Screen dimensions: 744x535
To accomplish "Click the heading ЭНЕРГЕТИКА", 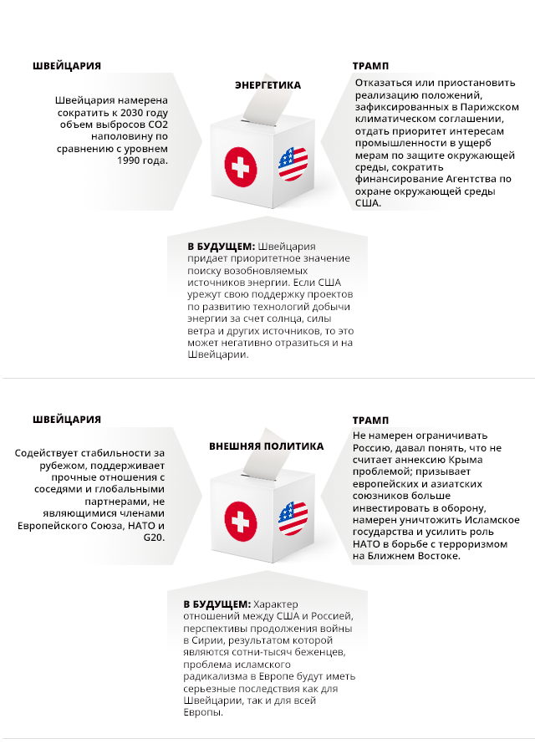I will click(x=267, y=85).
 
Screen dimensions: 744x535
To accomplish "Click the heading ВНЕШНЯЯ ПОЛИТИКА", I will click(x=266, y=446).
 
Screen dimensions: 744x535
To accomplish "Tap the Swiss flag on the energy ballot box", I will click(x=241, y=168).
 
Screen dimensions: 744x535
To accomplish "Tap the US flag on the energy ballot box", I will click(x=293, y=164).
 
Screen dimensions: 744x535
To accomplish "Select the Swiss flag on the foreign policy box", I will click(x=241, y=521).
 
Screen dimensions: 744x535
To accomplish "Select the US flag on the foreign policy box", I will click(x=293, y=517).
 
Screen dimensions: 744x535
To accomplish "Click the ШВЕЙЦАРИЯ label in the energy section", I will click(x=67, y=66).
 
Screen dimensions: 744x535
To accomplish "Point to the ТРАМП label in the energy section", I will click(x=370, y=66).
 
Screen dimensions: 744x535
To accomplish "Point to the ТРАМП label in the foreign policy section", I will click(x=370, y=420).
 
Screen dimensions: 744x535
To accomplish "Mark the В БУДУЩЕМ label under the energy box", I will click(x=221, y=247).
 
